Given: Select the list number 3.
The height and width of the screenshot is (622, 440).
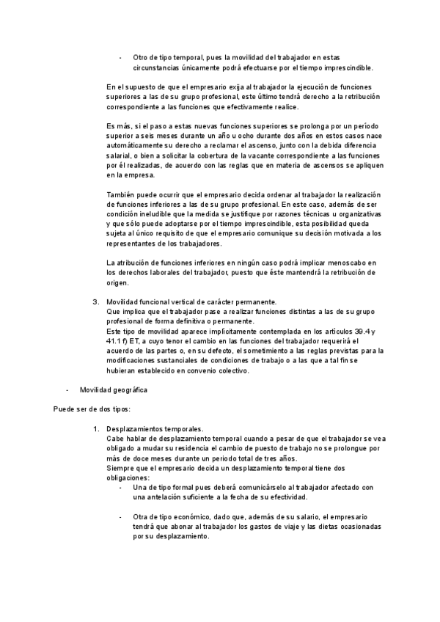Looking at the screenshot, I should (x=95, y=301).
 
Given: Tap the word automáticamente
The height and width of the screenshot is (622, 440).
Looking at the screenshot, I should (x=136, y=146).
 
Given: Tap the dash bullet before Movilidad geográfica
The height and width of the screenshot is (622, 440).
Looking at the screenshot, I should (x=67, y=389).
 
